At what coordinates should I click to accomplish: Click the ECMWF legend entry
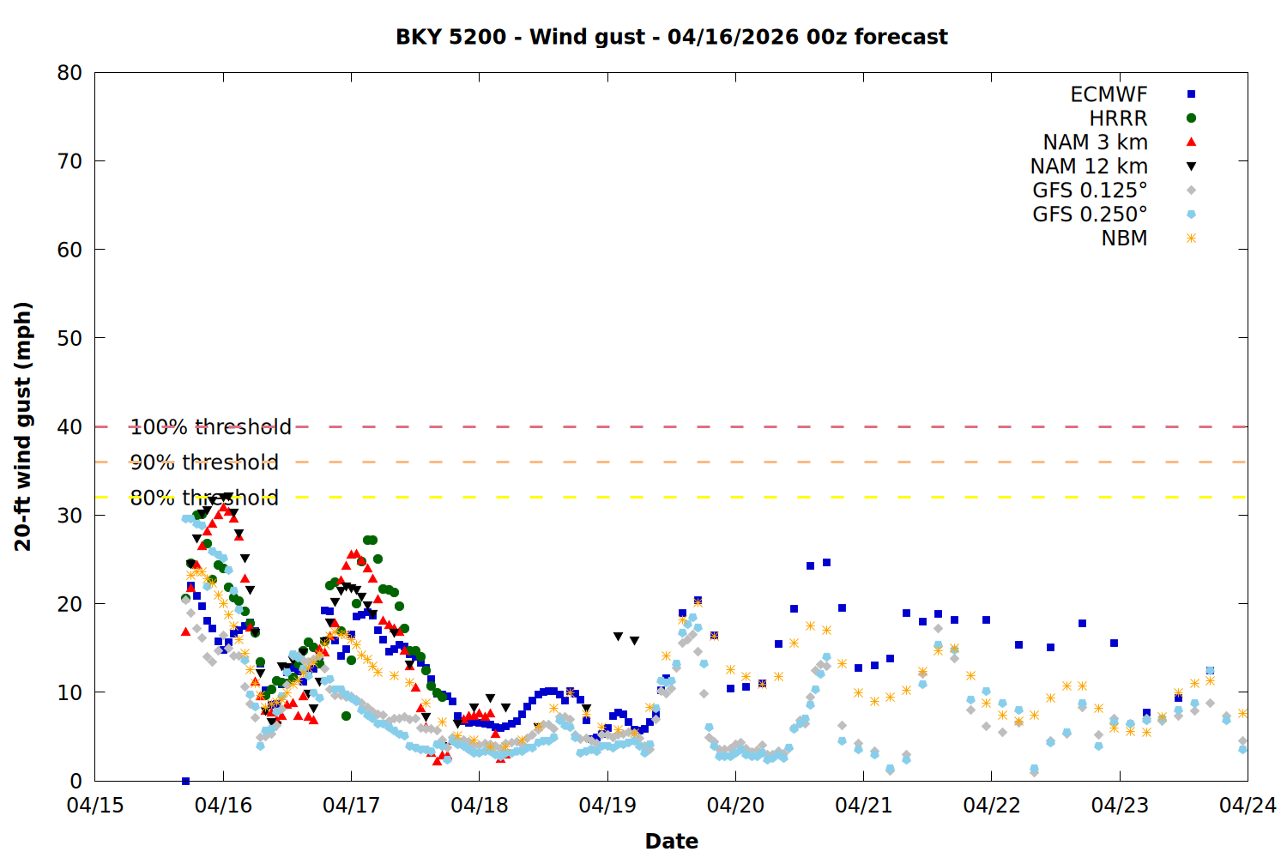click(x=1109, y=94)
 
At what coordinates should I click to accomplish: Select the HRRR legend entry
click(x=1118, y=118)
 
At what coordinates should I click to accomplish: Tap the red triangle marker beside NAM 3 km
click(x=1191, y=142)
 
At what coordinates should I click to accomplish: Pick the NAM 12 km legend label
click(x=1089, y=166)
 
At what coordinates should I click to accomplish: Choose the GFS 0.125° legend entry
click(x=1090, y=190)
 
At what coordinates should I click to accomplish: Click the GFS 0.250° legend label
click(x=1090, y=214)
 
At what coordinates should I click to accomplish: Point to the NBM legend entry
click(x=1124, y=239)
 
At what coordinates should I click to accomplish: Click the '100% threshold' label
click(x=210, y=427)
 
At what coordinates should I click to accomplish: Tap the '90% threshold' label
click(x=204, y=462)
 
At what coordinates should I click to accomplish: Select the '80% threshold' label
click(x=204, y=498)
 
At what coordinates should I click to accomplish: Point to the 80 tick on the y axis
click(x=70, y=73)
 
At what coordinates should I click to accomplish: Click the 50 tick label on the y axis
click(x=70, y=338)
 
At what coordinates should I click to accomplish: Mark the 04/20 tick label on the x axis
click(x=735, y=806)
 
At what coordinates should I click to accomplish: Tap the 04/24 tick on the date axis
click(x=1248, y=806)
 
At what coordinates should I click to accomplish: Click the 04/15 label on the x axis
click(x=95, y=806)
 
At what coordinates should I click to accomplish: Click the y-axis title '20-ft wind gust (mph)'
click(x=23, y=426)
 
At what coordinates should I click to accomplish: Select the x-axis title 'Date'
click(x=671, y=841)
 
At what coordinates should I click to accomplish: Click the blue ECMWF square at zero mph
click(x=185, y=781)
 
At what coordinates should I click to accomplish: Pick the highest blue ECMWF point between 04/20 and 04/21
click(x=826, y=563)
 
